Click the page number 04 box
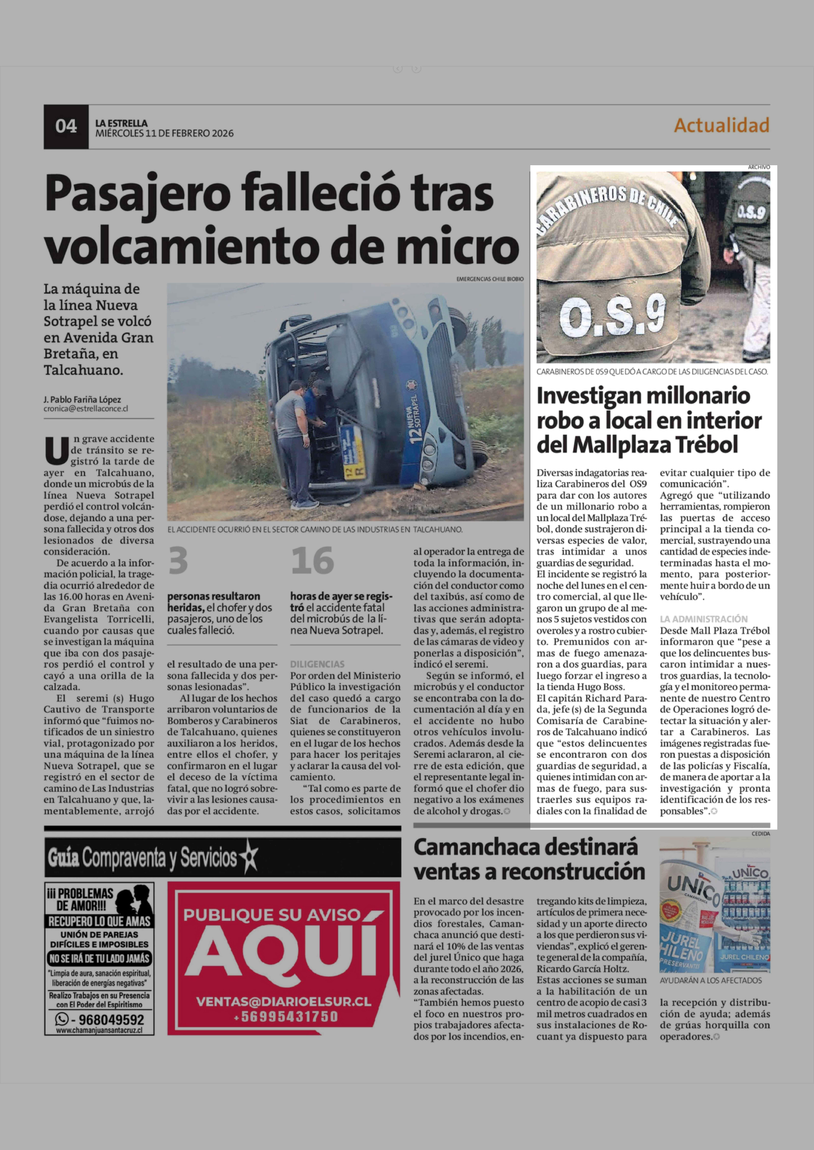pos(66,126)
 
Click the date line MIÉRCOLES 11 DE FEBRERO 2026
pos(164,133)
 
